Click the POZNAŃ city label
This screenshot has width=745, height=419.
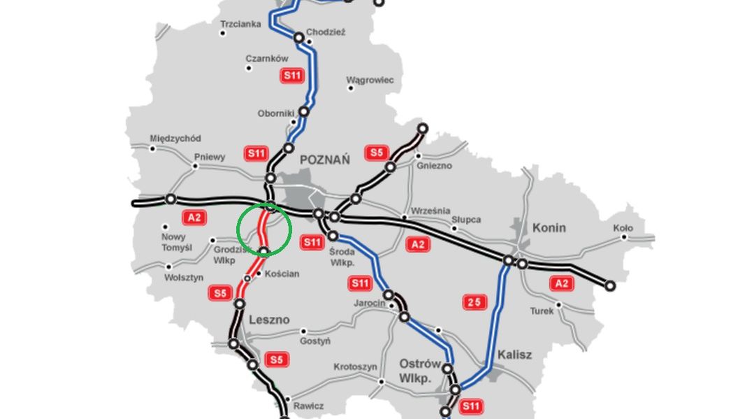tap(324, 160)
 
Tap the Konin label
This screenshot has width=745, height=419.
tap(549, 227)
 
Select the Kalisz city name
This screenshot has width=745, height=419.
tap(514, 355)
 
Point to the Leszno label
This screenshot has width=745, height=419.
tap(269, 320)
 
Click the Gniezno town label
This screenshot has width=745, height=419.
tap(434, 166)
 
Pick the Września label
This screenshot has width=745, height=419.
tap(431, 211)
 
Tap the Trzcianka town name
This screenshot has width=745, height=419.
tap(240, 24)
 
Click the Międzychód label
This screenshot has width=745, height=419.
tap(175, 139)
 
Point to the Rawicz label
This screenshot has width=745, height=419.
tap(308, 406)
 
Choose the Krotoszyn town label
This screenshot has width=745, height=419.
tap(355, 367)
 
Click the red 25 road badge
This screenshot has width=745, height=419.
tap(474, 302)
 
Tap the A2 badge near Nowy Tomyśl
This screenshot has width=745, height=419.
tap(194, 218)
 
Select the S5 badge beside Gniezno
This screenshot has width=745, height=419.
tap(376, 152)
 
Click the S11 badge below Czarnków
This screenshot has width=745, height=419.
tap(292, 76)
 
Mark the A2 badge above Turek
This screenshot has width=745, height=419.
tap(560, 283)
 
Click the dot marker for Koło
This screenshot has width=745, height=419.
tap(624, 237)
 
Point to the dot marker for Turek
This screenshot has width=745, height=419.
tap(558, 305)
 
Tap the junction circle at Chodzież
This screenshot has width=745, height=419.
tap(298, 38)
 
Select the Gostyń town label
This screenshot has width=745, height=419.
tap(314, 341)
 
